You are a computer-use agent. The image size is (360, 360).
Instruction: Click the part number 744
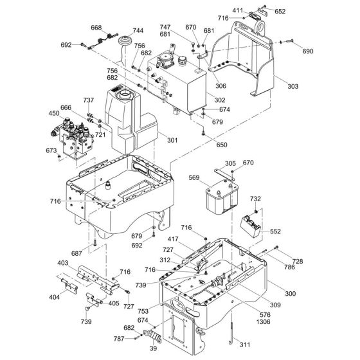click(138, 31)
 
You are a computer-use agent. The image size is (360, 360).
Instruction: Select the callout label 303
click(293, 86)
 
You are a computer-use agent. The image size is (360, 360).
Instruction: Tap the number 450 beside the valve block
click(54, 113)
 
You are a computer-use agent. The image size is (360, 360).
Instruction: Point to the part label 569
click(194, 177)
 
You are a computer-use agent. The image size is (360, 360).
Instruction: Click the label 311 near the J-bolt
click(245, 345)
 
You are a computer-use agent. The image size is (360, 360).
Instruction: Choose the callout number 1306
click(263, 321)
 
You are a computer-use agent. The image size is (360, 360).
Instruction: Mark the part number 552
click(275, 231)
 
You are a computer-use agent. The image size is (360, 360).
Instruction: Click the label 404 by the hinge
click(55, 297)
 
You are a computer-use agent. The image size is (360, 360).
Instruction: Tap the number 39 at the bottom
click(153, 348)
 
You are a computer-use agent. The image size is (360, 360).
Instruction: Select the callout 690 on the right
click(308, 51)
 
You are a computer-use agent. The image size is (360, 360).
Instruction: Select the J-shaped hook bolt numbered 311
click(231, 334)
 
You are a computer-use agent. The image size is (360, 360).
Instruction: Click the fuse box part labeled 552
click(250, 226)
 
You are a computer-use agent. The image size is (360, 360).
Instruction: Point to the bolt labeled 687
click(94, 242)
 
